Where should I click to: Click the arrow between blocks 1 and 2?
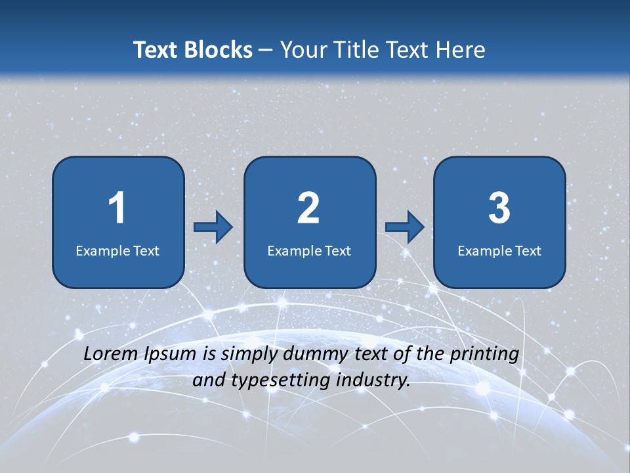(213, 227)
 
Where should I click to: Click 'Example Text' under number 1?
(117, 250)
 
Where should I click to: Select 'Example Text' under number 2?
(309, 250)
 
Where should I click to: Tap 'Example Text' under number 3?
(499, 250)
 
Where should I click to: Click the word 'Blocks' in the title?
(219, 50)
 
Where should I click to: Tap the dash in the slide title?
(266, 50)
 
